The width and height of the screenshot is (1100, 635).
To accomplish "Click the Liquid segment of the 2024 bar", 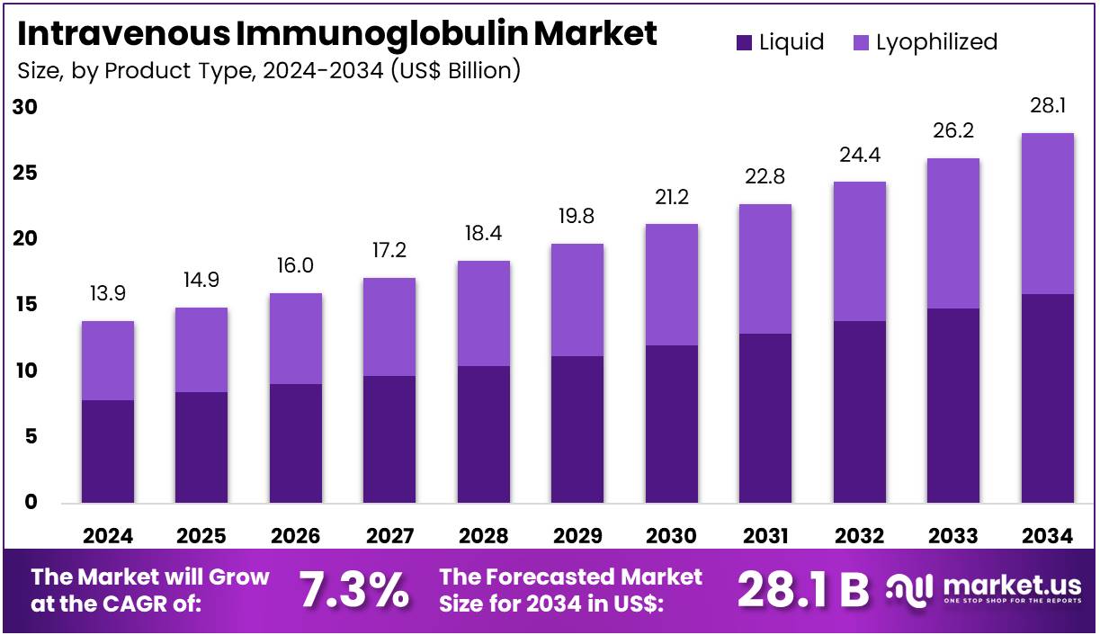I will pyautogui.click(x=108, y=451).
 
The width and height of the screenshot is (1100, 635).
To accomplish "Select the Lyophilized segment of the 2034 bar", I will pyautogui.click(x=1048, y=213).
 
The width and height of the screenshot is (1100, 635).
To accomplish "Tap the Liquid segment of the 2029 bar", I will pyautogui.click(x=577, y=429).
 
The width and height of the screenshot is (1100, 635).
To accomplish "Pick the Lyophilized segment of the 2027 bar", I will pyautogui.click(x=389, y=326).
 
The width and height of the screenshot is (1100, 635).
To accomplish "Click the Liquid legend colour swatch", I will pyautogui.click(x=744, y=42).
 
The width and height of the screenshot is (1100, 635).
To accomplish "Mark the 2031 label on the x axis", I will pyautogui.click(x=765, y=536).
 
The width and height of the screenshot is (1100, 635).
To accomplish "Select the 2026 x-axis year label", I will pyautogui.click(x=296, y=536).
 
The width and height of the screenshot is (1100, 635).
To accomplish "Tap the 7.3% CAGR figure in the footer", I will pyautogui.click(x=353, y=590).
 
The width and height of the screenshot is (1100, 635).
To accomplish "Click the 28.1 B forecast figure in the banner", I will pyautogui.click(x=803, y=590).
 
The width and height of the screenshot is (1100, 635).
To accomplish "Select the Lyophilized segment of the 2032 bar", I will pyautogui.click(x=859, y=251).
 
